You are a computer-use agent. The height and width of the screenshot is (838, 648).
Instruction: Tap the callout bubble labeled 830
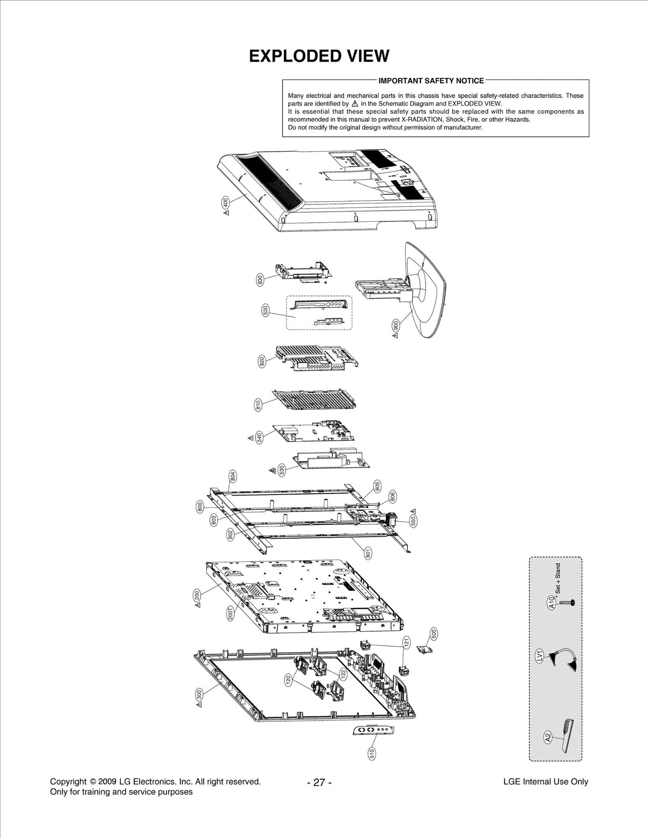coord(260,280)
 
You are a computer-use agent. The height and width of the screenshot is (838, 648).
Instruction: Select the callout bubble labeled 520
coord(266,311)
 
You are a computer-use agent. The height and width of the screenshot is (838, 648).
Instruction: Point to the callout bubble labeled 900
coord(396,325)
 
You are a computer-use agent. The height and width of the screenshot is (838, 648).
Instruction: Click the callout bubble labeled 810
coord(258,405)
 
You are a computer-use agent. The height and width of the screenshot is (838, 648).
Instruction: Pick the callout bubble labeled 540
coord(260,437)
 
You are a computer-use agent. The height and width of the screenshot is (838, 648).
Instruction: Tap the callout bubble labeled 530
coord(282,470)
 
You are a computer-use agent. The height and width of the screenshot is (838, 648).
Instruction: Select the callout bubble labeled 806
coord(392,496)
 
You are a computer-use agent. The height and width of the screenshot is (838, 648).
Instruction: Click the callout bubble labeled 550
coord(413,521)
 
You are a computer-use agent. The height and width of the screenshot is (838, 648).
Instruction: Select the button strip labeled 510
coord(373,729)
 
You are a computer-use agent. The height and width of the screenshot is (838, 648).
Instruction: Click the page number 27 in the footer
coord(319,783)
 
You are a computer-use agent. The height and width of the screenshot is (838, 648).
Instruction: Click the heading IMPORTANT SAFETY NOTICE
coord(431,81)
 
